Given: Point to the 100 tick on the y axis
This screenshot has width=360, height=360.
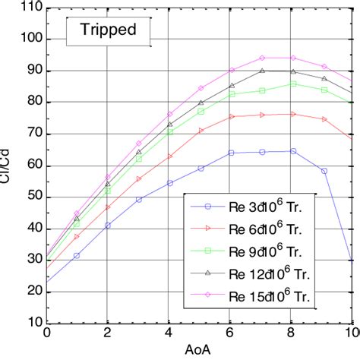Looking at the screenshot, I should [x=31, y=39].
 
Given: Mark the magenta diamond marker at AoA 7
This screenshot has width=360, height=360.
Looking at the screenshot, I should [x=262, y=58].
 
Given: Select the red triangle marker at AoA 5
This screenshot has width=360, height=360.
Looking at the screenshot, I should [x=201, y=131].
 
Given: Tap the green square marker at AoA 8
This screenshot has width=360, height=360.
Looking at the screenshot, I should [x=292, y=84].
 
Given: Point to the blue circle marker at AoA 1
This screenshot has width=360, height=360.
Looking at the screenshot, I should [x=77, y=255].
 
